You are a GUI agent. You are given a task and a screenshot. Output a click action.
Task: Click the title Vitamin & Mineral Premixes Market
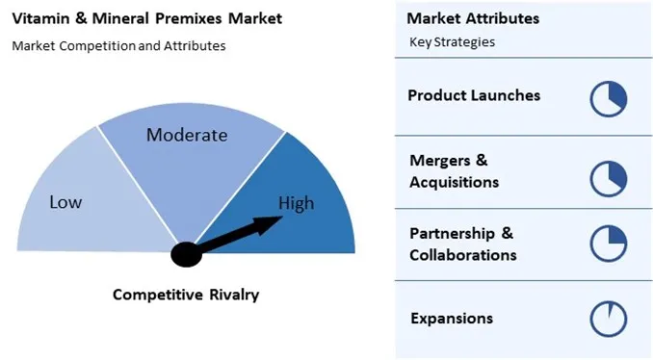click(x=146, y=18)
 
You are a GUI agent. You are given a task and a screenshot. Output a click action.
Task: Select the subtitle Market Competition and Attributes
click(x=118, y=45)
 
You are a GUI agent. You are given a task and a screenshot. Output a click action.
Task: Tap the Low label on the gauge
click(x=65, y=202)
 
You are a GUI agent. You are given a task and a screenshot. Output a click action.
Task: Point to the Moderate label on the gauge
click(x=187, y=135)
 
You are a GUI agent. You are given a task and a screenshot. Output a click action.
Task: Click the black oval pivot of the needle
click(x=186, y=254)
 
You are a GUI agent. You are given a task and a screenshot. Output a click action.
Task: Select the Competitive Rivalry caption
click(x=186, y=295)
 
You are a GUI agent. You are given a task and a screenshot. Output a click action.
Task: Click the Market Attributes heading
click(x=473, y=18)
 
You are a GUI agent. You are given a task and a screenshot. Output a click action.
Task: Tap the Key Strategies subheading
click(x=453, y=42)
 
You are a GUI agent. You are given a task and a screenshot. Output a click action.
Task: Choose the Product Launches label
click(x=474, y=95)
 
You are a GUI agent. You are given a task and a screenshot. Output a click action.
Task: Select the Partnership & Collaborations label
click(x=462, y=244)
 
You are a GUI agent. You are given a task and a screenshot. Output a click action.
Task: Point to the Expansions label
click(x=452, y=318)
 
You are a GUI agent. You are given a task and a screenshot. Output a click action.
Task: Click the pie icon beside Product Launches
click(x=609, y=98)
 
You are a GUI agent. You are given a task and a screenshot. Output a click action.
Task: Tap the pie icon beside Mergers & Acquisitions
click(x=609, y=177)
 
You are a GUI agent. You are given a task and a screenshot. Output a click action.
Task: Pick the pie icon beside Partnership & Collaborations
click(x=609, y=244)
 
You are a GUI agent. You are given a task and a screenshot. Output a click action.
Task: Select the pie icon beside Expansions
click(x=609, y=318)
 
